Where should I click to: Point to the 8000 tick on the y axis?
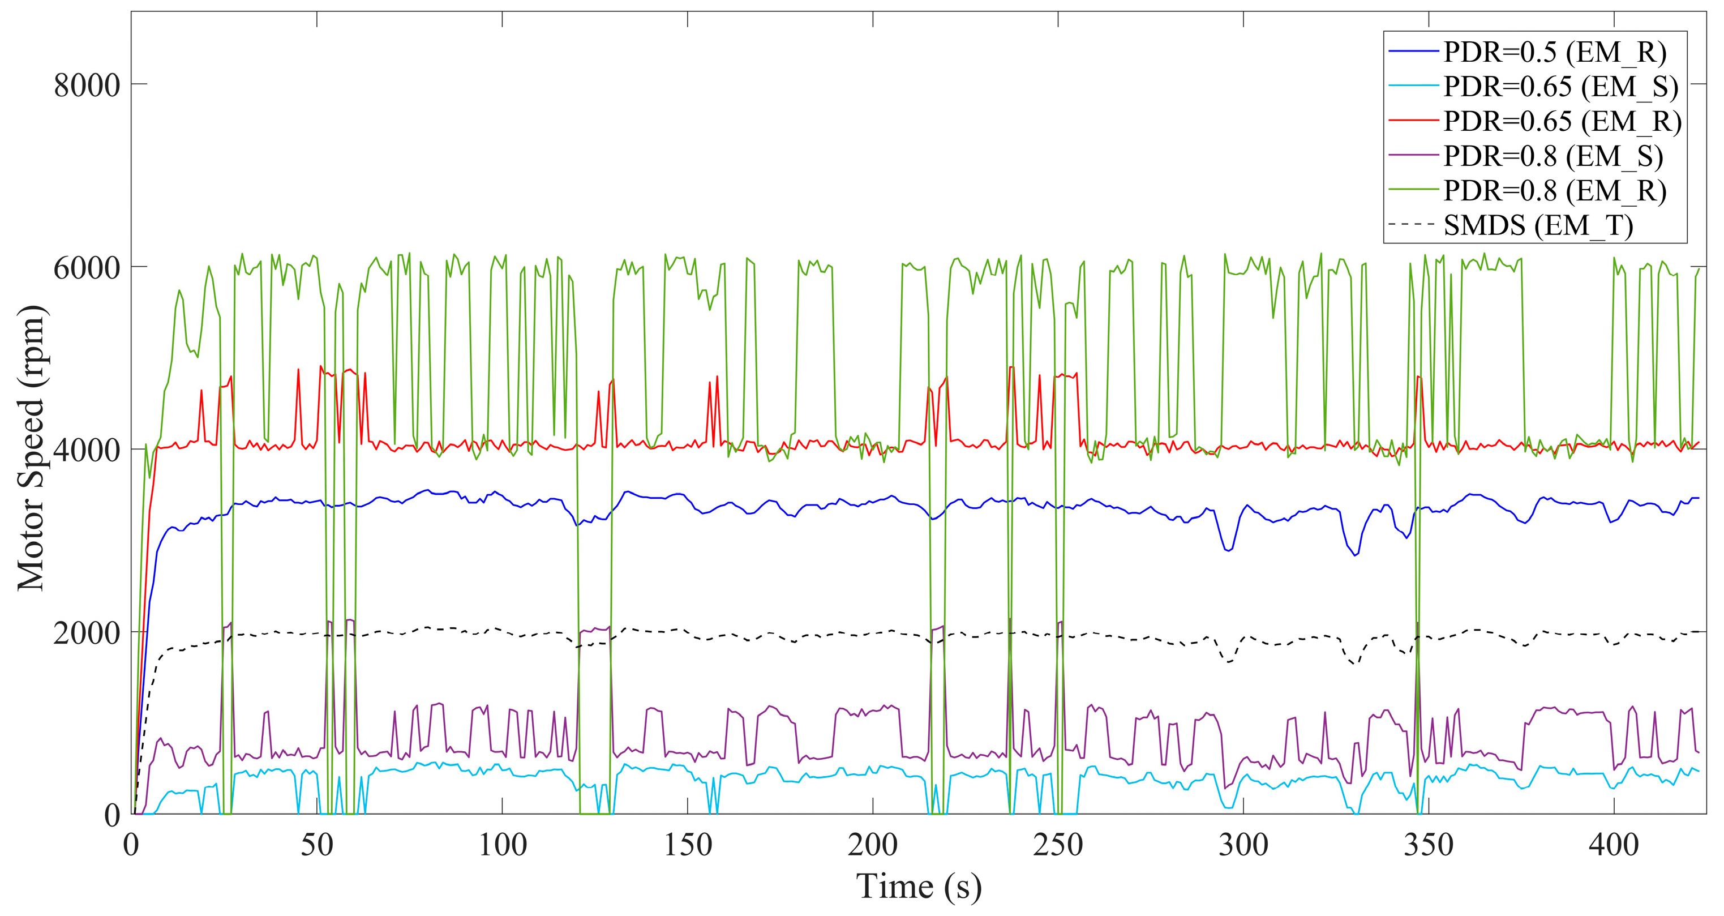[x=87, y=85]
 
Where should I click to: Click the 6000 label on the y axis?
[x=87, y=268]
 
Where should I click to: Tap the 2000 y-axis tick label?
[x=87, y=633]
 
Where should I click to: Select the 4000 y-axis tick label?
[x=87, y=450]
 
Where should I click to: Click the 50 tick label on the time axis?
[x=316, y=845]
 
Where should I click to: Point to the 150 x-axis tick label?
[x=687, y=845]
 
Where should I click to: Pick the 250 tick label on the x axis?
[x=1058, y=845]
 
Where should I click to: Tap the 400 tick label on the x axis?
[x=1614, y=845]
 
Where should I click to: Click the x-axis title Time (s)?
[x=919, y=887]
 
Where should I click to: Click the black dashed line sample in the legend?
[x=1413, y=225]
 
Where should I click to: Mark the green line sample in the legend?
[x=1413, y=190]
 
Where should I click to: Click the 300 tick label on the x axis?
[x=1243, y=845]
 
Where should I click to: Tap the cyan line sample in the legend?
[x=1413, y=85]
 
